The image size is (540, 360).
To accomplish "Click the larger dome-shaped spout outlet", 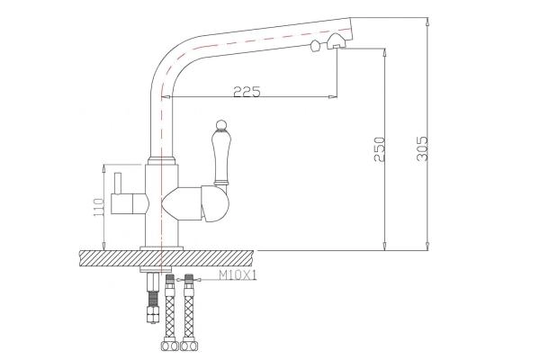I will coord(336,40).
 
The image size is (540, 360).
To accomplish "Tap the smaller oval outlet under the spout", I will coord(314,45).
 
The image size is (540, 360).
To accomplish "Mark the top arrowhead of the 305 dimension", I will coord(425,19).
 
